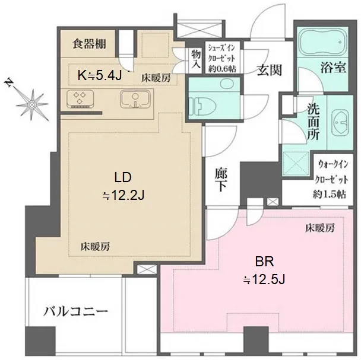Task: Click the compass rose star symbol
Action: click(32, 105)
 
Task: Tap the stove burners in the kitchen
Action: click(80, 99)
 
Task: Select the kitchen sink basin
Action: click(135, 99)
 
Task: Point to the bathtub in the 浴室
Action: click(322, 42)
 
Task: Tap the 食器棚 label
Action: click(89, 44)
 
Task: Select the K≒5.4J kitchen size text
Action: click(100, 75)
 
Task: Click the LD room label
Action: click(123, 177)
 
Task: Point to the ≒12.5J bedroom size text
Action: click(264, 280)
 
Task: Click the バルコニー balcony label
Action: click(76, 312)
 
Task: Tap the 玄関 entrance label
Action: click(270, 70)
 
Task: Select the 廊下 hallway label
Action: click(221, 180)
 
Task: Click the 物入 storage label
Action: click(196, 59)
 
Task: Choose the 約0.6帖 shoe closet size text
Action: click(222, 69)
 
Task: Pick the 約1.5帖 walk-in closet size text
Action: click(329, 195)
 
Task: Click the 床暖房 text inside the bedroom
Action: click(320, 228)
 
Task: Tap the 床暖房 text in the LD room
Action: click(95, 247)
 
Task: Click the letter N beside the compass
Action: click(9, 83)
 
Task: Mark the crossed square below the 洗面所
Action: click(296, 164)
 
